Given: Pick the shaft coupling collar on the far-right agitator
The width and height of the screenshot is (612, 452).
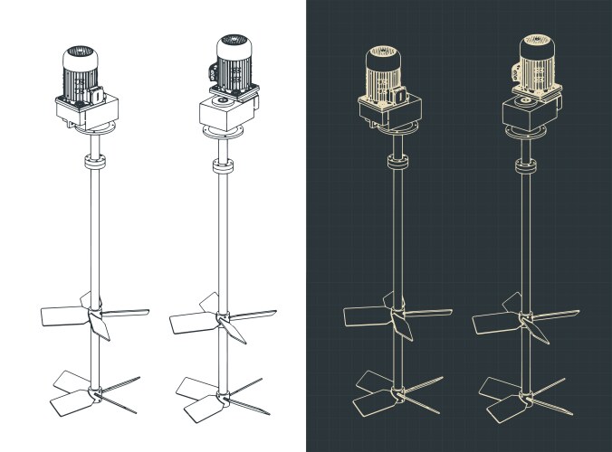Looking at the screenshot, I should (x=526, y=165).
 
